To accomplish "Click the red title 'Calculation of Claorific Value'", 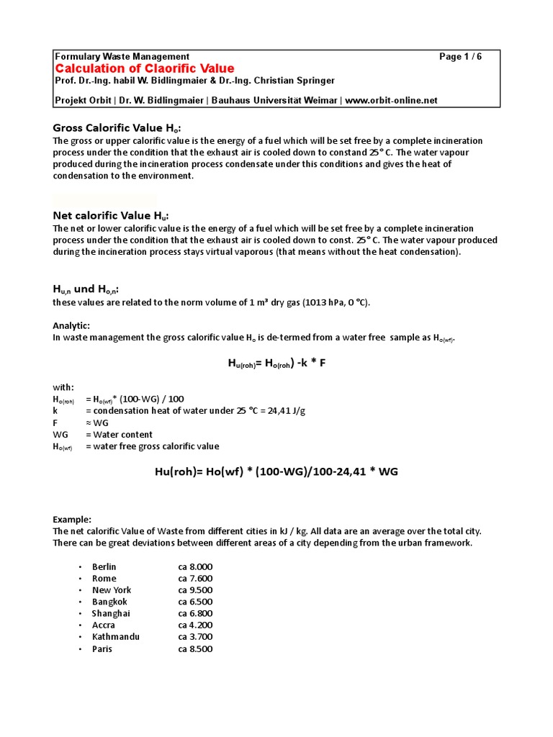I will click(145, 68).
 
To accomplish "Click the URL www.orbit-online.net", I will click(391, 101).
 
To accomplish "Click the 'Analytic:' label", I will click(71, 325).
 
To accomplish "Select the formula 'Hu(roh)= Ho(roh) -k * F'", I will click(277, 363).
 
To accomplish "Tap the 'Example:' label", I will click(72, 519).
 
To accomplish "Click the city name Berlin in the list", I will click(104, 566).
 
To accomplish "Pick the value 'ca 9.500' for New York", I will click(195, 590).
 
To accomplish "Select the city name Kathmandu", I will click(115, 637).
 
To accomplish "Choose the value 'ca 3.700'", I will click(195, 637).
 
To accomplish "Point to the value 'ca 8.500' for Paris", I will click(195, 648).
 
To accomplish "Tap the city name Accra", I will click(103, 625).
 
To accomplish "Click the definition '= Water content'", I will click(119, 435).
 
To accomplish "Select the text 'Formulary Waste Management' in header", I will click(122, 56).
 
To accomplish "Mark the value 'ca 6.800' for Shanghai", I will click(195, 613).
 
